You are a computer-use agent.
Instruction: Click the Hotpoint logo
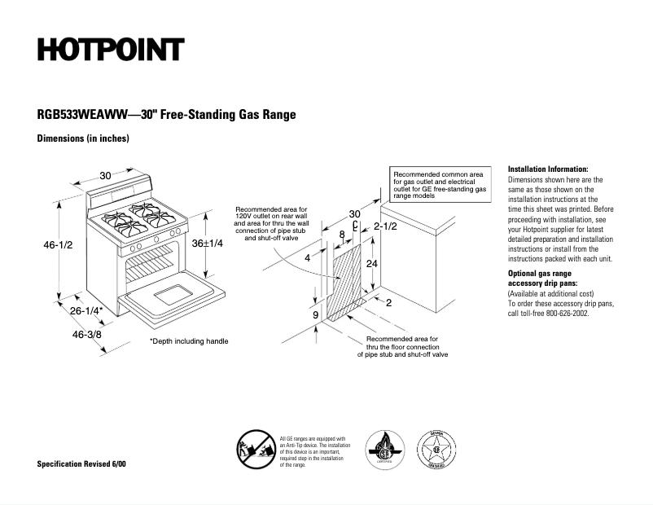click(x=111, y=50)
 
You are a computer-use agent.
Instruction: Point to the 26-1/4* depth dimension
click(x=86, y=311)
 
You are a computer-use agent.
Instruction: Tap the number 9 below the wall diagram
click(x=315, y=314)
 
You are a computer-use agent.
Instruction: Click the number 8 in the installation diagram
click(x=342, y=235)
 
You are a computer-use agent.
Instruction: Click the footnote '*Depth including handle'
click(x=189, y=341)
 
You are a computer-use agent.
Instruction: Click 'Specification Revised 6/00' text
click(x=81, y=464)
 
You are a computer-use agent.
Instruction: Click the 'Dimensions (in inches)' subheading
click(x=83, y=138)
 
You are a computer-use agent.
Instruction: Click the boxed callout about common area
click(x=440, y=186)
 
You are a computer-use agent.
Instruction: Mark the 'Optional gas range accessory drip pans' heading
click(x=542, y=278)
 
